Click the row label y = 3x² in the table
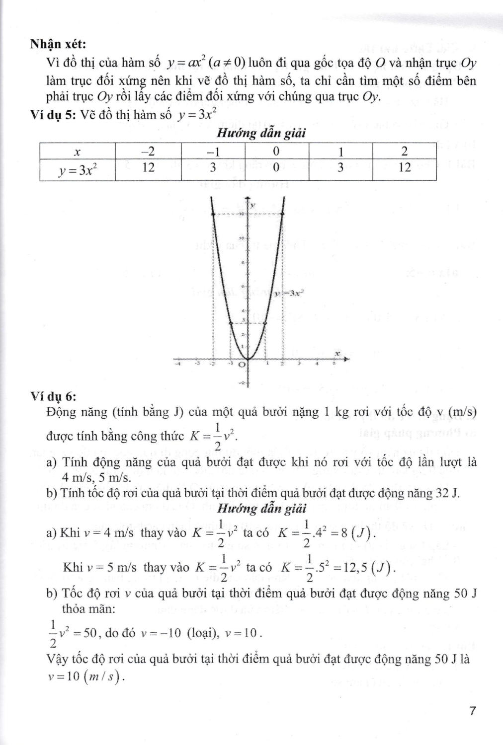click(x=77, y=169)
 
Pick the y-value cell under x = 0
click(x=276, y=168)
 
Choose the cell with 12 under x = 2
click(x=405, y=168)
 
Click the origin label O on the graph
click(x=242, y=365)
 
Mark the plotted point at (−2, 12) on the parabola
click(x=213, y=214)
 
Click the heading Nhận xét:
click(x=58, y=44)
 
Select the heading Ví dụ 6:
click(x=53, y=396)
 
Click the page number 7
click(x=472, y=711)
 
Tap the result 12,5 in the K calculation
click(x=356, y=568)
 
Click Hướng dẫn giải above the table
click(x=261, y=133)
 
